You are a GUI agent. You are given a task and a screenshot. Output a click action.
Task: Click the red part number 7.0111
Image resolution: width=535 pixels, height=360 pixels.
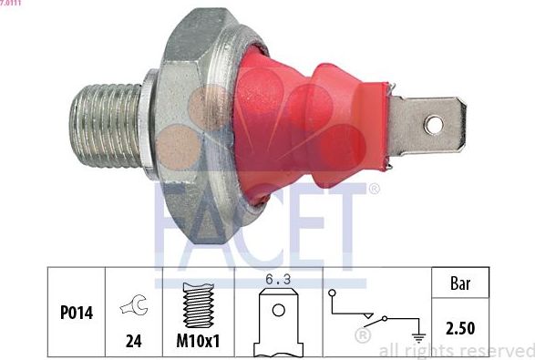(x=12, y=4)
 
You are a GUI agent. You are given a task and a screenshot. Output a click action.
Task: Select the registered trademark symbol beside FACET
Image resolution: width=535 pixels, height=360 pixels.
(x=374, y=190)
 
